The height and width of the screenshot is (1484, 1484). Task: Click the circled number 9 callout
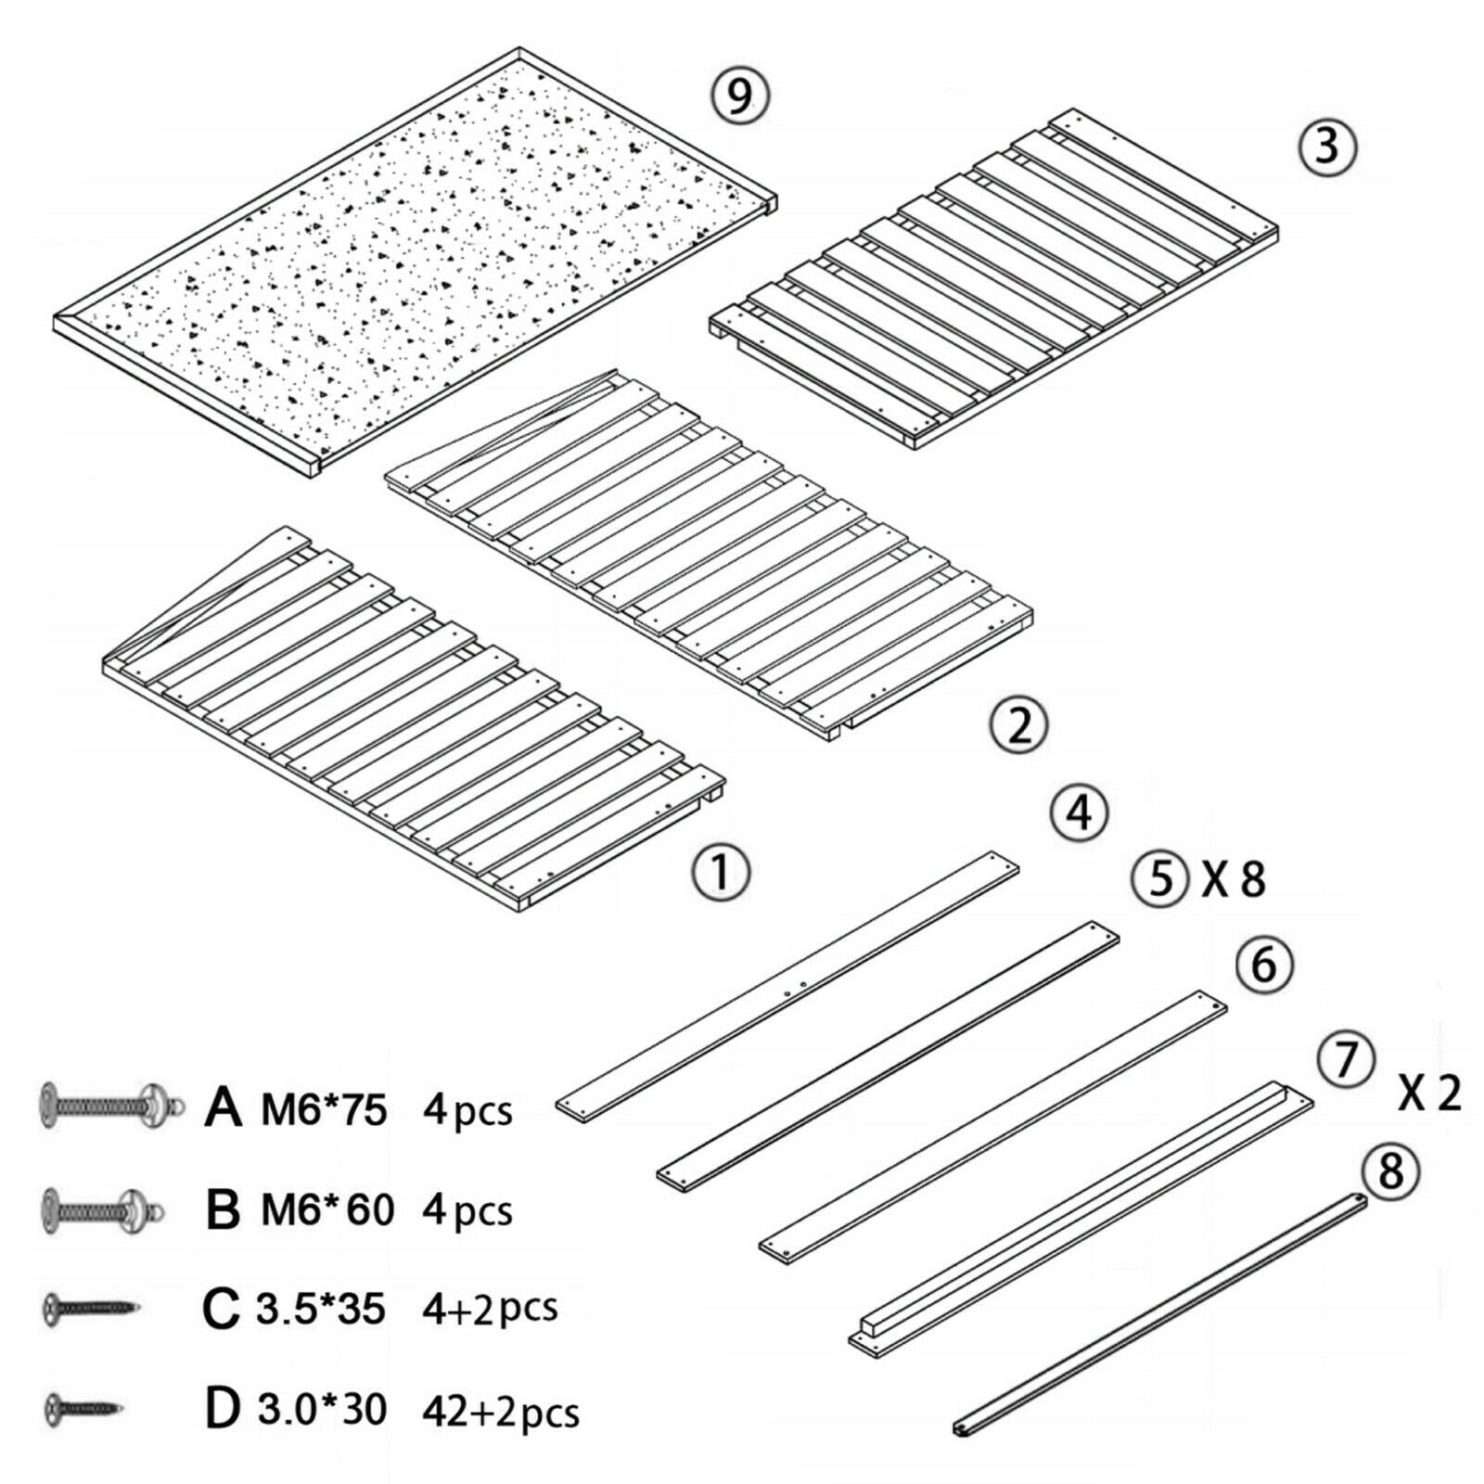click(740, 96)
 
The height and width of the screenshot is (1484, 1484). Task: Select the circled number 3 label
click(1327, 146)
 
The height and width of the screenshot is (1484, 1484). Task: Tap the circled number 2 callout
click(1019, 725)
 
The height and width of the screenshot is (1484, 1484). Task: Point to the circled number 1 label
click(721, 873)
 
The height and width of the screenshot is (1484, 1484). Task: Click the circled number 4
click(1079, 814)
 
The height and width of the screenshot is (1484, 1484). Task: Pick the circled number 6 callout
click(1264, 966)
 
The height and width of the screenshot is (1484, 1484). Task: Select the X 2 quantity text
click(1429, 1094)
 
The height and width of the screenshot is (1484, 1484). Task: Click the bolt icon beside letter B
click(101, 1209)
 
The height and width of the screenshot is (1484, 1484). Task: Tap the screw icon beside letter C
click(90, 1309)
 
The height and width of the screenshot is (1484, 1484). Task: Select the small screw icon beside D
click(83, 1408)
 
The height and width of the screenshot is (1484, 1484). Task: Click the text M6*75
click(324, 1108)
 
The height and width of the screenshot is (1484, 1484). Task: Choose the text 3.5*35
click(321, 1309)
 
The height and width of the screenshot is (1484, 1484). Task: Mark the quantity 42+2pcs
click(501, 1412)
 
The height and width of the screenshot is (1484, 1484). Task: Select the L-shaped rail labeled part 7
click(1081, 1214)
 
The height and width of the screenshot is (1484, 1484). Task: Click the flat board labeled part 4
click(788, 987)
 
